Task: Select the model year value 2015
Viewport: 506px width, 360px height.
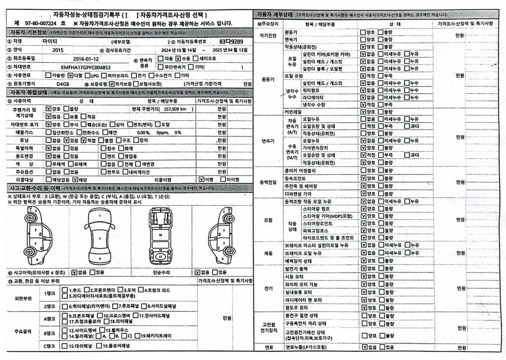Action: click(x=58, y=50)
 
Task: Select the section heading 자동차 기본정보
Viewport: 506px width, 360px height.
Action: click(x=28, y=33)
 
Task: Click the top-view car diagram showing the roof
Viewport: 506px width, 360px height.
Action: click(x=100, y=235)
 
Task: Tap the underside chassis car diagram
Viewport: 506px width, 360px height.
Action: click(x=161, y=235)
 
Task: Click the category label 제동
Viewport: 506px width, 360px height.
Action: click(x=268, y=253)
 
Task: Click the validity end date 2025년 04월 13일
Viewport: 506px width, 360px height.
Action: click(x=230, y=50)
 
